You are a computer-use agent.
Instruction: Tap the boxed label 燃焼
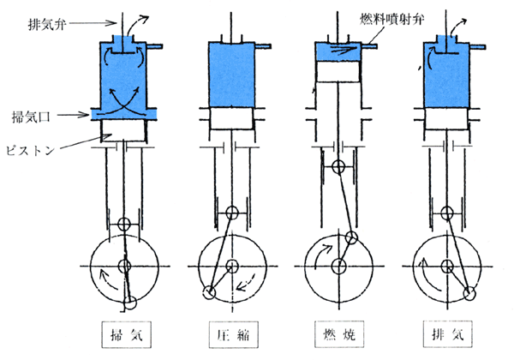coord(338,333)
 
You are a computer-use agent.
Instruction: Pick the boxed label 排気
coord(445,333)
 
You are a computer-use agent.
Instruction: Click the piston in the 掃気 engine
coord(125,131)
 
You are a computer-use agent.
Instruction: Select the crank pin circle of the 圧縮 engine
coord(209,293)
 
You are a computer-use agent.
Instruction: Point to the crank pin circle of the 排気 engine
coord(469,293)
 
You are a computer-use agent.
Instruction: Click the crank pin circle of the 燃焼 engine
coord(351,237)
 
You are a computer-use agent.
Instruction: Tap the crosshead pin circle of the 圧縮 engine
coord(231,212)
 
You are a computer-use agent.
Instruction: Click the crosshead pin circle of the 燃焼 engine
coord(339,166)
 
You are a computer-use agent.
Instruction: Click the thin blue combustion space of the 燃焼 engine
coord(340,52)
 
